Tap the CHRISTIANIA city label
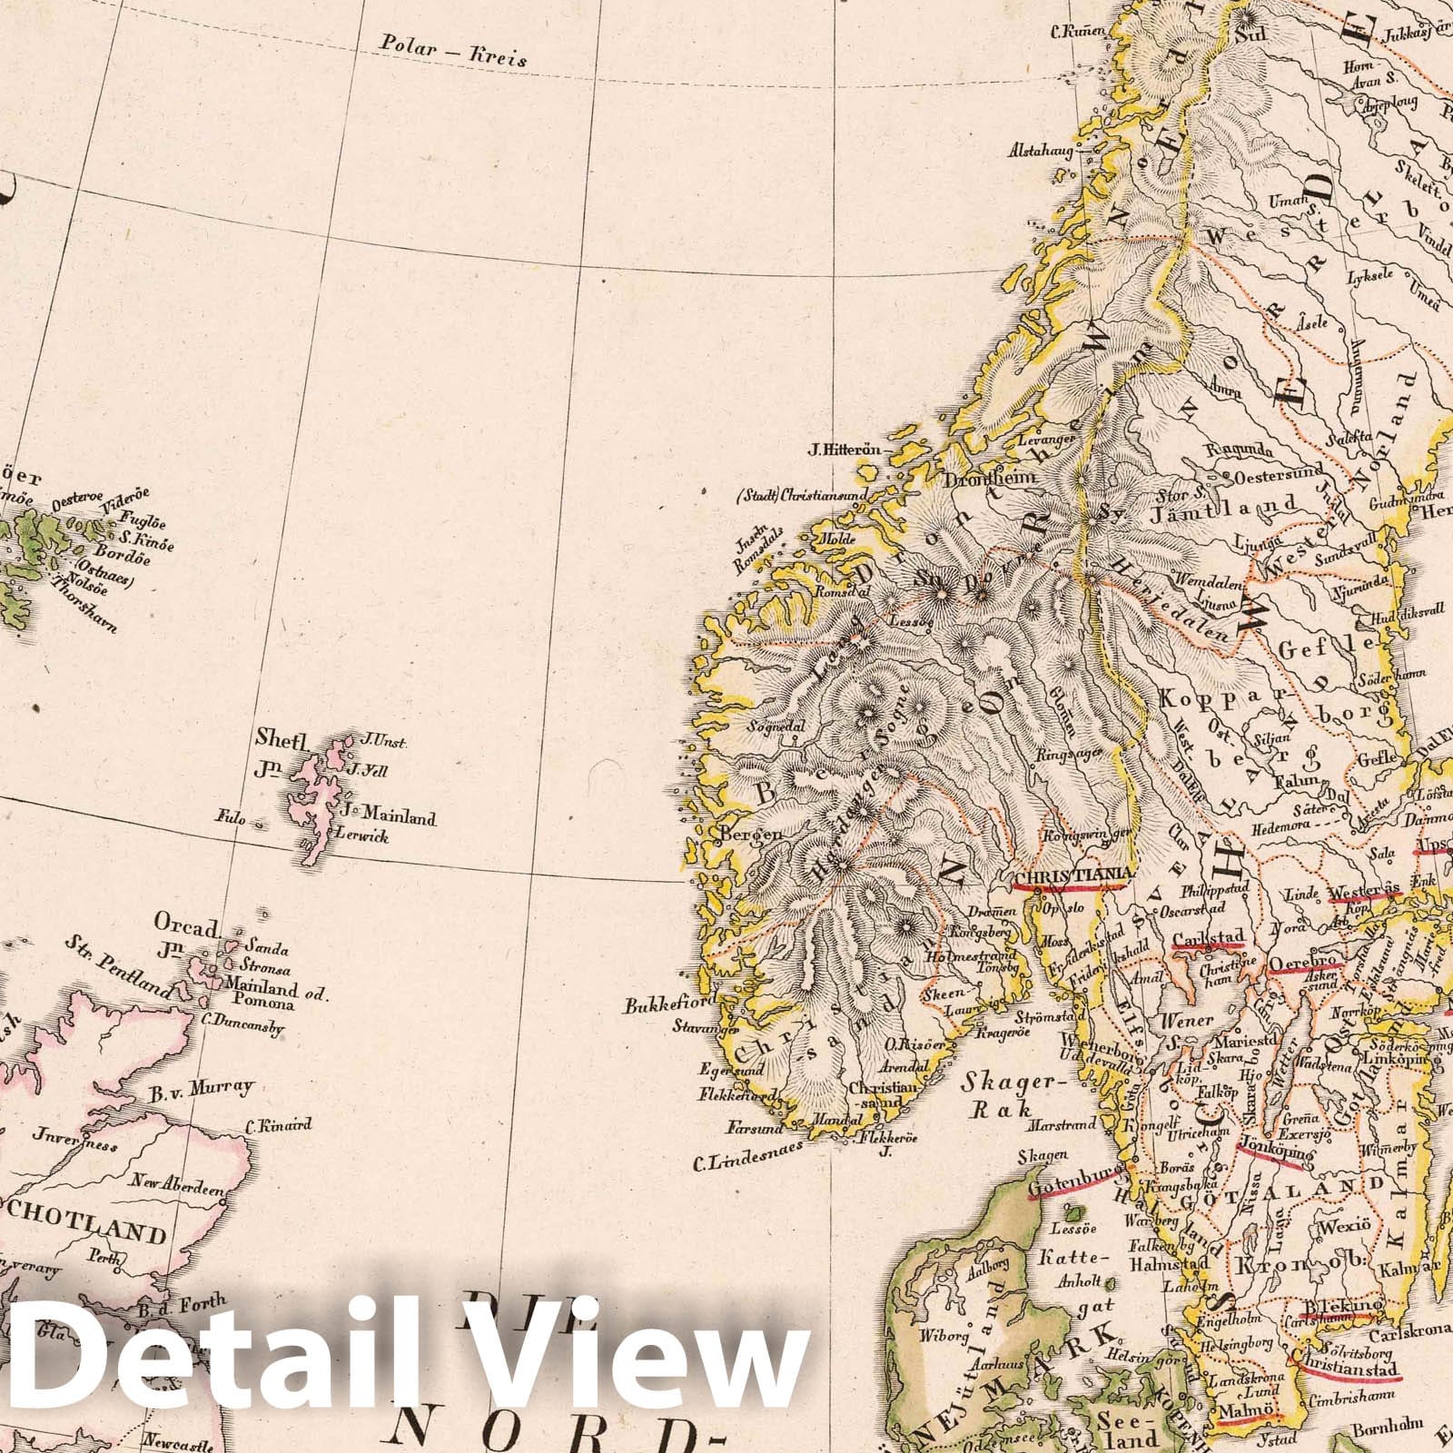pos(1074,875)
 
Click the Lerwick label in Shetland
pos(361,835)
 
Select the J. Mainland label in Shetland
pos(390,816)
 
